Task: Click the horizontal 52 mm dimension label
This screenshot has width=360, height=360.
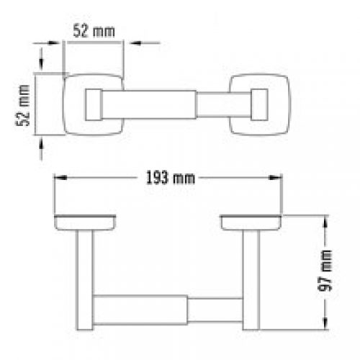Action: [x=94, y=31]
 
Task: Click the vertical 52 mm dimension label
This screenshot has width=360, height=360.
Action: [x=22, y=105]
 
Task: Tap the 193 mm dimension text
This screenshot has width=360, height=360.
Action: [x=171, y=178]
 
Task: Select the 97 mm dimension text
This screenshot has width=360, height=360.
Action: [x=325, y=271]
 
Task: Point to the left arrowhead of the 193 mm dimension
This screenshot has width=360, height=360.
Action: [x=60, y=178]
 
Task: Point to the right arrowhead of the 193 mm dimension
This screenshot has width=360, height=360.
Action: [x=275, y=178]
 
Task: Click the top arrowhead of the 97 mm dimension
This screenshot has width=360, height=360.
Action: [x=325, y=221]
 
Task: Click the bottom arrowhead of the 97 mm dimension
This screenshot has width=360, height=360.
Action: [x=325, y=323]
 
